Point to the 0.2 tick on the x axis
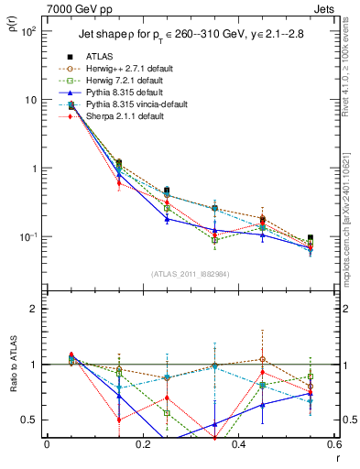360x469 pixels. (142, 445)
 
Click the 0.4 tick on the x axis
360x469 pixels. (238, 445)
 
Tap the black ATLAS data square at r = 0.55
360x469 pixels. (311, 238)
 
